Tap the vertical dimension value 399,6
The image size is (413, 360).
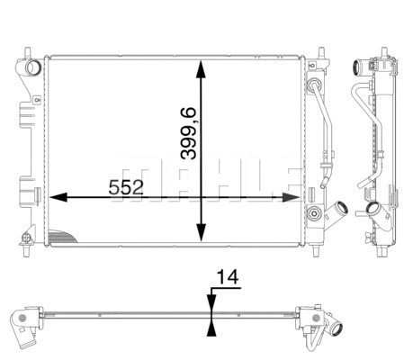(188, 131)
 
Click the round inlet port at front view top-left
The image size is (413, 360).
(34, 67)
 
